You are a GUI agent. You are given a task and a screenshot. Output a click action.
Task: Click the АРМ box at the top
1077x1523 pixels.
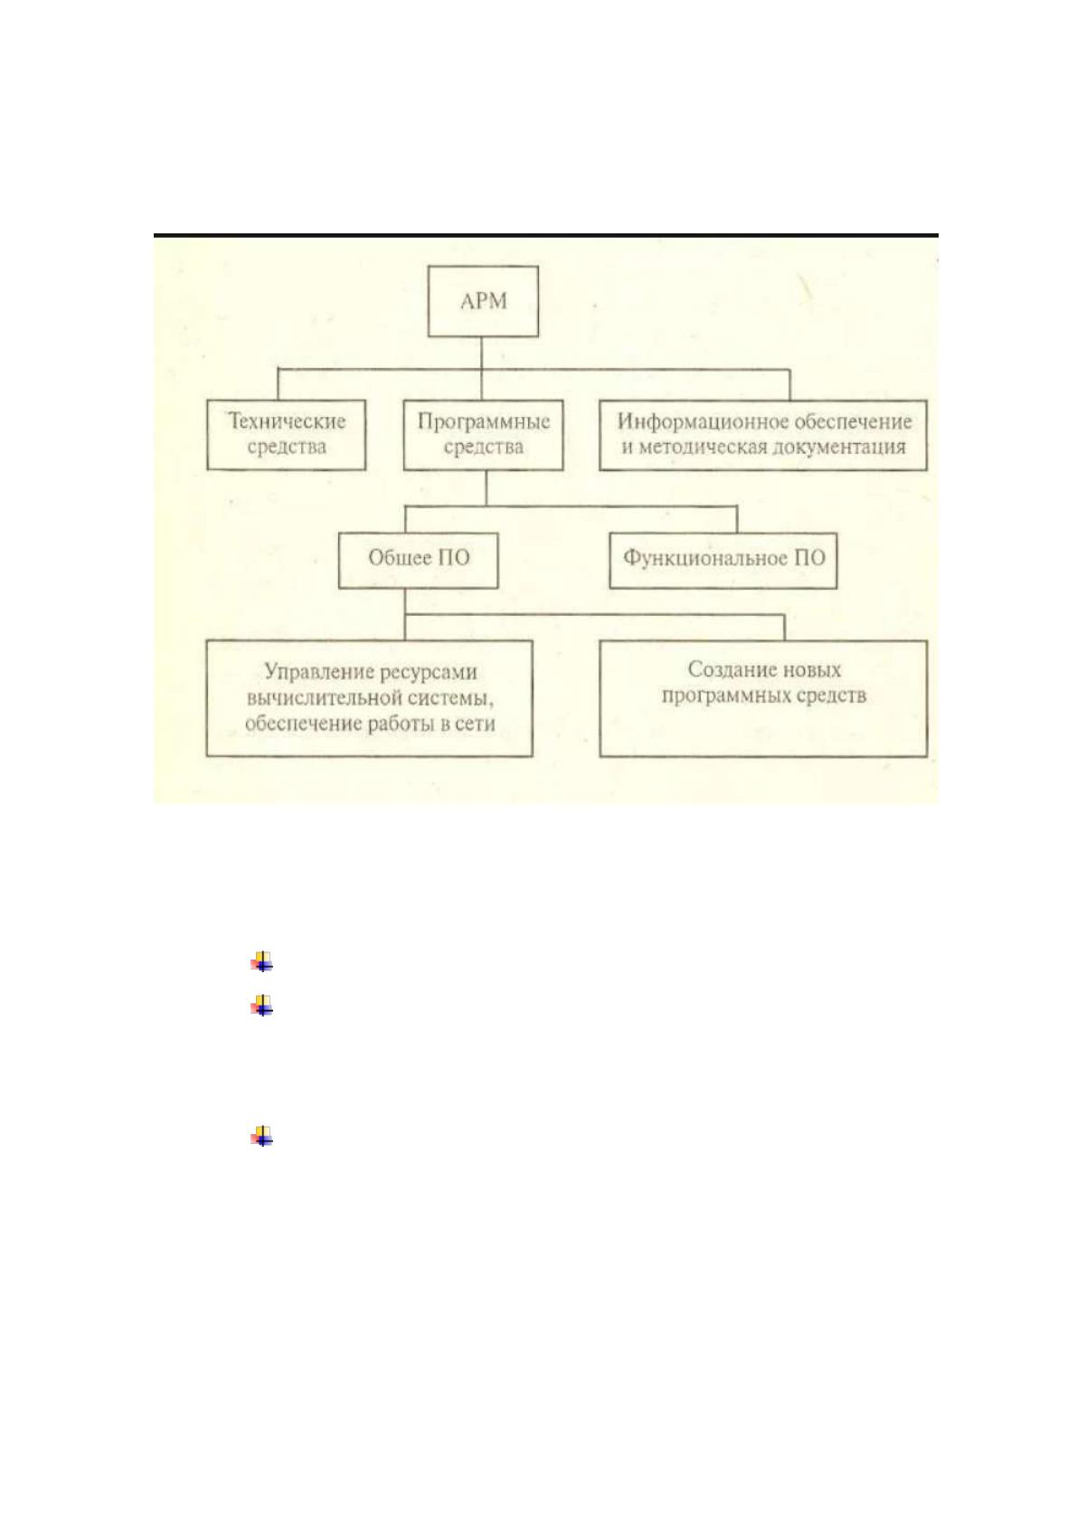tap(483, 301)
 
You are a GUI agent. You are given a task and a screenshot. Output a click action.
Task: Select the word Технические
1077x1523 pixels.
tap(287, 421)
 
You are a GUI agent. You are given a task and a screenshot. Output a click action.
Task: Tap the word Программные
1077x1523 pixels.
tap(484, 421)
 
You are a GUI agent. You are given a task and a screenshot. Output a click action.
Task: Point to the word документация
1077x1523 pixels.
tap(842, 448)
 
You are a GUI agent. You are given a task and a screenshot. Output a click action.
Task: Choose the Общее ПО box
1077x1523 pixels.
tap(419, 560)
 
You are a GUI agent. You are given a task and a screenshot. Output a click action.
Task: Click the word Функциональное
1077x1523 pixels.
tap(704, 559)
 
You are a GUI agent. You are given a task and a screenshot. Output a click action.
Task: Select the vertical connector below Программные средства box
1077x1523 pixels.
tap(486, 488)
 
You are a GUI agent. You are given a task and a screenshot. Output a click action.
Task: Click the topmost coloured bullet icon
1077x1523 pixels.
tap(261, 961)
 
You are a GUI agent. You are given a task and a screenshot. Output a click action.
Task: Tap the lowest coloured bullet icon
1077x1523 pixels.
tap(261, 1136)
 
